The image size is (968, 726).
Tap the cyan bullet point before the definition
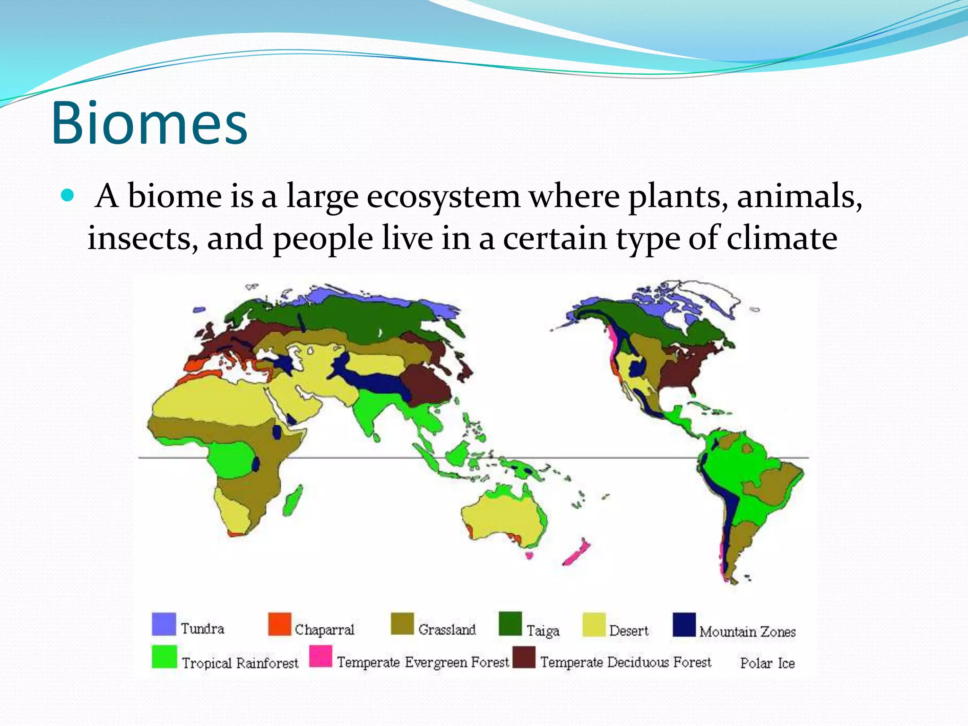[x=68, y=195]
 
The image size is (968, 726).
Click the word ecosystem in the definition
[x=443, y=196]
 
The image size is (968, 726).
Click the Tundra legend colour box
[x=164, y=624]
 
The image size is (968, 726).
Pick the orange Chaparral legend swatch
[x=279, y=624]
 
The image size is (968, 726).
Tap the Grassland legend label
[x=447, y=630]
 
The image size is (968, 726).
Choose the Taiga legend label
[x=543, y=631]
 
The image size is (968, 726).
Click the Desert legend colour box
[x=594, y=625]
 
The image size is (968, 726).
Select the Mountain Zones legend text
[x=747, y=631]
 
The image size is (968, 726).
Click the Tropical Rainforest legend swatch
[x=164, y=657]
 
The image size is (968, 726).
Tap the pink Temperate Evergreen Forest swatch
[x=320, y=656]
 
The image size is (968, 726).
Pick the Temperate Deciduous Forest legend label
[x=625, y=662]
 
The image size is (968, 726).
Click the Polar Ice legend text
[x=767, y=663]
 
